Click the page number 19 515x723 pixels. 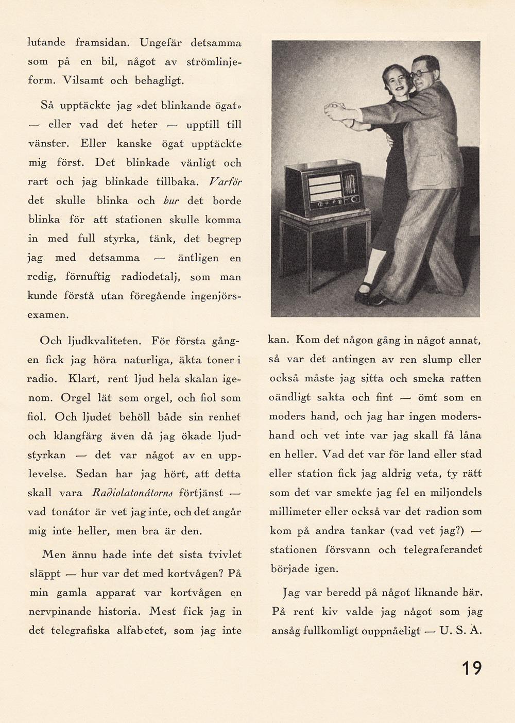[471, 668]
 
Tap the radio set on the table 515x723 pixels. [324, 189]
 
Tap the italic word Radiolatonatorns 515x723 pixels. [131, 493]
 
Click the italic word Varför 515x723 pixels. [225, 182]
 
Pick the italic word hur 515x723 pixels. [171, 201]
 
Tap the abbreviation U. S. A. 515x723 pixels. [460, 630]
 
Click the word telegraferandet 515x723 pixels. [443, 550]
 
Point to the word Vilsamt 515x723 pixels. [82, 81]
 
